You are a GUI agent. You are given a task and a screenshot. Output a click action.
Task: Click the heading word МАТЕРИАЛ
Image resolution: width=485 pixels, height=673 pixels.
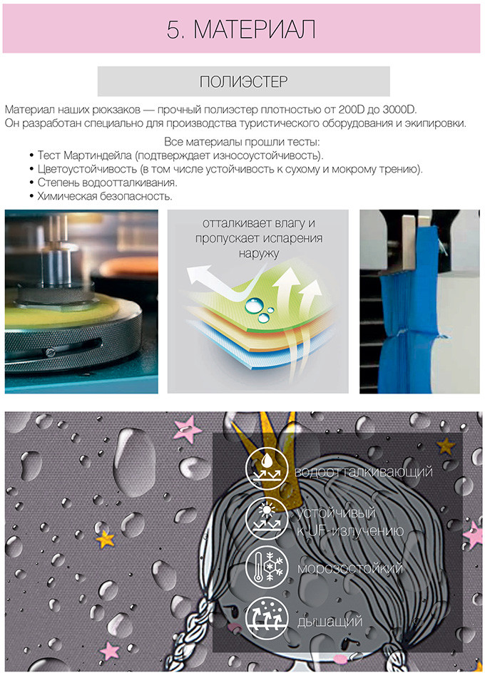pyautogui.click(x=255, y=29)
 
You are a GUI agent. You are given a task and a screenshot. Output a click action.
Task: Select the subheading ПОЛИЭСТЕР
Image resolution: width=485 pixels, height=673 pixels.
pyautogui.click(x=244, y=81)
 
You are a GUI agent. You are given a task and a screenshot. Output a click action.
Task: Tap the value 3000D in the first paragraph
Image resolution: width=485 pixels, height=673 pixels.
pyautogui.click(x=399, y=110)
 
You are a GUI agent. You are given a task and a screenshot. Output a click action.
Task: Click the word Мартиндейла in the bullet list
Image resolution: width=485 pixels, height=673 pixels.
pyautogui.click(x=98, y=155)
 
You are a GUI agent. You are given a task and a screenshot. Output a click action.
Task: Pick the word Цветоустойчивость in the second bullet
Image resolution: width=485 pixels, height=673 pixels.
pyautogui.click(x=87, y=169)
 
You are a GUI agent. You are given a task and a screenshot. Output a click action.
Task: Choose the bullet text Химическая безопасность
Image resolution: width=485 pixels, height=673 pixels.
pyautogui.click(x=105, y=197)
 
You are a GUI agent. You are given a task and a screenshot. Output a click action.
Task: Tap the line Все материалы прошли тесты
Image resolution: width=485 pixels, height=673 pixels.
pyautogui.click(x=242, y=142)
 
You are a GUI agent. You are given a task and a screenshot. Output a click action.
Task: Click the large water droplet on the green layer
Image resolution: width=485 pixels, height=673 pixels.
pyautogui.click(x=252, y=305)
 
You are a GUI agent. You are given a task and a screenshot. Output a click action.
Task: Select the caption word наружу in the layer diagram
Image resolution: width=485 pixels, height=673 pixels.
pyautogui.click(x=259, y=253)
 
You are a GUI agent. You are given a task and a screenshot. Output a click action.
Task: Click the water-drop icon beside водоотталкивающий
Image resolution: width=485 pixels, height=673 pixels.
pyautogui.click(x=267, y=469)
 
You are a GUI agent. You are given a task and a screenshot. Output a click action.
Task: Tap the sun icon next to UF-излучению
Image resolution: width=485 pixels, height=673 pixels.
pyautogui.click(x=267, y=518)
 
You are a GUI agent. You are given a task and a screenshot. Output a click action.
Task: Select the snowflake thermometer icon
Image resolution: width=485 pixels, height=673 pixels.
pyautogui.click(x=267, y=567)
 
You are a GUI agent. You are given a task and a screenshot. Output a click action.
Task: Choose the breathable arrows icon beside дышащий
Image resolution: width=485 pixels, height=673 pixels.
pyautogui.click(x=267, y=618)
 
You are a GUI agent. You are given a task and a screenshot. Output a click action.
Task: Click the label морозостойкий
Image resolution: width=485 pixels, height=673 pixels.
pyautogui.click(x=350, y=568)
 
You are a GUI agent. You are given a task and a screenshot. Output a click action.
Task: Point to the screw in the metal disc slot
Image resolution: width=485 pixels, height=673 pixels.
pyautogui.click(x=51, y=352)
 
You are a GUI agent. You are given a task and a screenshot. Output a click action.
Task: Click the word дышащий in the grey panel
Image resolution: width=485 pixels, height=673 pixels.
pyautogui.click(x=330, y=622)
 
